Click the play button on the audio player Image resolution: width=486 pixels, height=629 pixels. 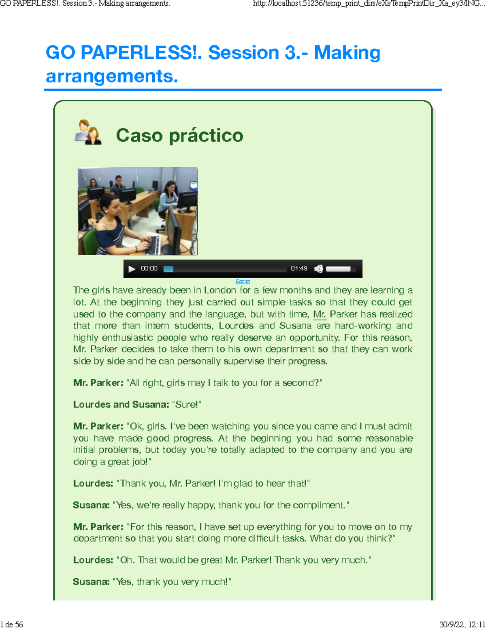click(x=132, y=269)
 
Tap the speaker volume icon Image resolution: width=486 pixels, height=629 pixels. click(x=319, y=269)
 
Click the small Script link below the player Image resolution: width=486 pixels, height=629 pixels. click(x=243, y=281)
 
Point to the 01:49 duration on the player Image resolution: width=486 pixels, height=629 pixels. click(x=299, y=269)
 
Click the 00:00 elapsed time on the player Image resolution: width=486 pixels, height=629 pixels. click(x=149, y=269)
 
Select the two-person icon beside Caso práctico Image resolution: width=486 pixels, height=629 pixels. click(x=88, y=132)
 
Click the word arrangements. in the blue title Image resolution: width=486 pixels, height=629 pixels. click(x=112, y=76)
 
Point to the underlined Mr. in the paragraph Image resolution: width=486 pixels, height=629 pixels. click(x=320, y=314)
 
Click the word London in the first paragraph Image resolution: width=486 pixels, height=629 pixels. click(x=220, y=290)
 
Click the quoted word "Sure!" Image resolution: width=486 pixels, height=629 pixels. click(x=187, y=405)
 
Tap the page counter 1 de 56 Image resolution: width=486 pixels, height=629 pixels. click(x=12, y=625)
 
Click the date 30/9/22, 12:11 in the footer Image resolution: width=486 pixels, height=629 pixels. click(x=462, y=625)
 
